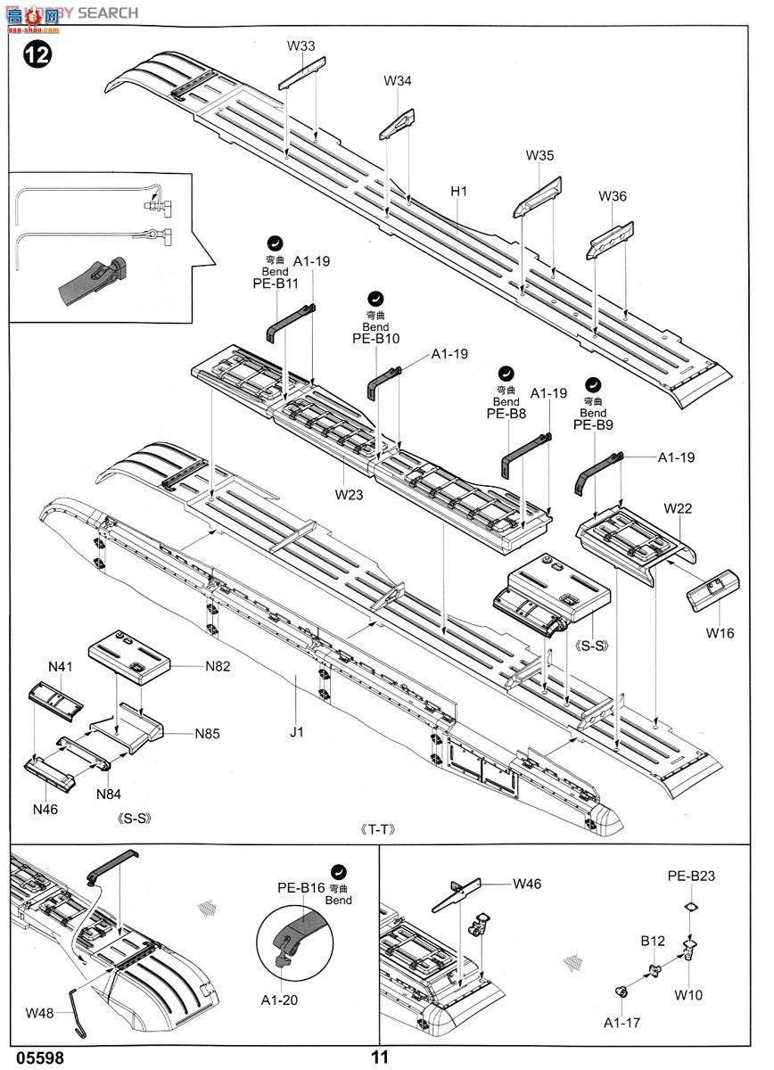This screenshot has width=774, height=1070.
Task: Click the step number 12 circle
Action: pyautogui.click(x=37, y=54)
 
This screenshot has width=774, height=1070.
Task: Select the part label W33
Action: pyautogui.click(x=301, y=45)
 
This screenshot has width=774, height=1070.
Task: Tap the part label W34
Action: pyautogui.click(x=398, y=81)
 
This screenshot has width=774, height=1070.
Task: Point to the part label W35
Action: pyautogui.click(x=539, y=155)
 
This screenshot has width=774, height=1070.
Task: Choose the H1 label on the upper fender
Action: pyautogui.click(x=459, y=191)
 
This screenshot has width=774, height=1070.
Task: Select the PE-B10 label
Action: pyautogui.click(x=375, y=339)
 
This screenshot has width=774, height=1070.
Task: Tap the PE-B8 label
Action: pyautogui.click(x=506, y=414)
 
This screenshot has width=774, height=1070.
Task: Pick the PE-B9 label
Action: pyautogui.click(x=593, y=425)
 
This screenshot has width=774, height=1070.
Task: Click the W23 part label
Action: pyautogui.click(x=350, y=492)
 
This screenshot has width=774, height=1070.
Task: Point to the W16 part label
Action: pyautogui.click(x=720, y=633)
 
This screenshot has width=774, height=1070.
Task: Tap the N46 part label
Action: pyautogui.click(x=45, y=809)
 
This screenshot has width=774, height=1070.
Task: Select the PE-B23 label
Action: pyautogui.click(x=691, y=876)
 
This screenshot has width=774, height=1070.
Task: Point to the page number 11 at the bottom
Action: pyautogui.click(x=381, y=1058)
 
